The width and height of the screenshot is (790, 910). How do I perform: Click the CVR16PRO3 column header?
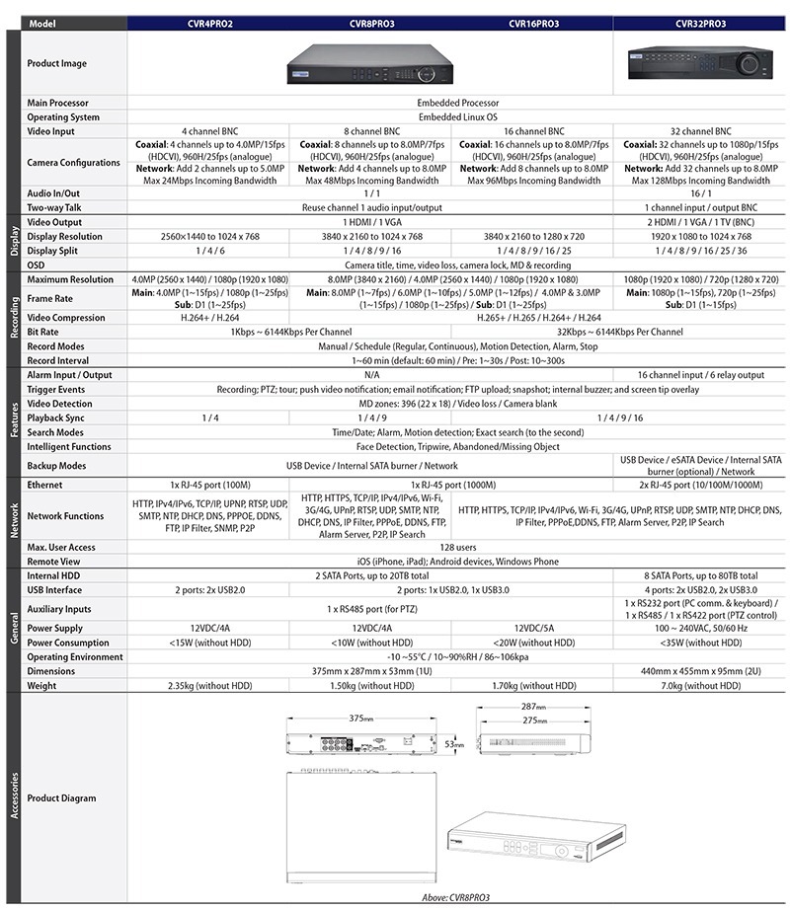[534, 23]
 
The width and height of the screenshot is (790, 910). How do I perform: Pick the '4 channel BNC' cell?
[207, 130]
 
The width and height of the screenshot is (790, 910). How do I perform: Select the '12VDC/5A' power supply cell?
[534, 628]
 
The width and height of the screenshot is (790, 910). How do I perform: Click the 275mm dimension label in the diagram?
[536, 720]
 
